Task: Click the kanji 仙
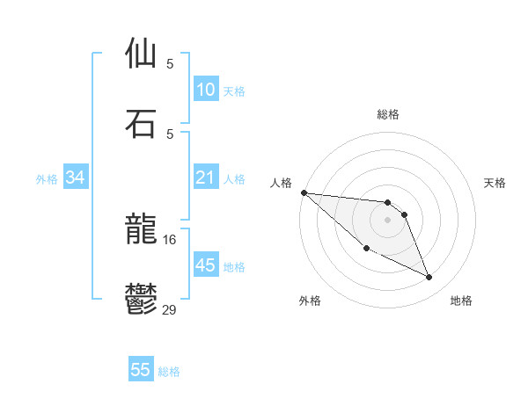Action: click(141, 54)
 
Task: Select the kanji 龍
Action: click(141, 230)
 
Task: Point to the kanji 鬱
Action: click(141, 299)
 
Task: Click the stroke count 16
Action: click(170, 239)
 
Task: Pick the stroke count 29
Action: click(170, 308)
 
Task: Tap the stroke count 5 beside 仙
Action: click(170, 63)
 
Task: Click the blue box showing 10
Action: click(205, 90)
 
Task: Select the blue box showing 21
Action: click(205, 178)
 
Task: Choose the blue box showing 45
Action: click(205, 265)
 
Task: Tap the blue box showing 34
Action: click(76, 178)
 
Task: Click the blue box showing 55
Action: click(141, 370)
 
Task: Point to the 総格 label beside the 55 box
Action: click(169, 372)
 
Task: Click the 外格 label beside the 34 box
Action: click(47, 179)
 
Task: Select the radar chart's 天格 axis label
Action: click(495, 183)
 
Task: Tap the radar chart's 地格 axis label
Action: click(461, 301)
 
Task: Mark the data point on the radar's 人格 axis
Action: click(304, 192)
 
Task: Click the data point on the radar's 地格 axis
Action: click(429, 278)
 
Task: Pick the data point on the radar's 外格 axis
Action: click(366, 249)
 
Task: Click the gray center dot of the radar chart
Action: click(387, 220)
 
